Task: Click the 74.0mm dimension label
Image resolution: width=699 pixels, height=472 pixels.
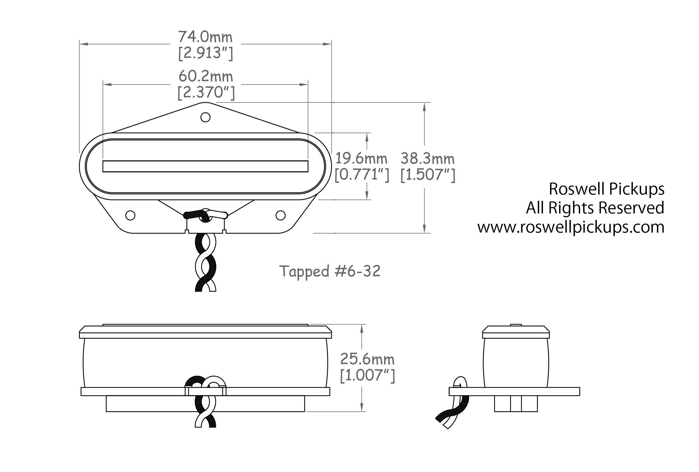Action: tap(205, 37)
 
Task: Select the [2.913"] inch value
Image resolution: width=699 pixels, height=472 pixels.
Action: tap(205, 54)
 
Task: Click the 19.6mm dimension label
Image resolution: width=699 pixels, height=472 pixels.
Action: tap(361, 159)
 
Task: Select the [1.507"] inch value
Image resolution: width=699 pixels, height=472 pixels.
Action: tap(428, 175)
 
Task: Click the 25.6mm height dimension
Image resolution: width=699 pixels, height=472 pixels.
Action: tap(367, 359)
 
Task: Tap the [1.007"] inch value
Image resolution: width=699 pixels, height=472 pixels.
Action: tap(367, 375)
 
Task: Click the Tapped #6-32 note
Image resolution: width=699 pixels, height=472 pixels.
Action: tap(330, 271)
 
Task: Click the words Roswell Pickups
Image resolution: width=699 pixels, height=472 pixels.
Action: tap(606, 189)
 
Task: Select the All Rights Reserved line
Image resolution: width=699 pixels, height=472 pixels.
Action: tap(595, 208)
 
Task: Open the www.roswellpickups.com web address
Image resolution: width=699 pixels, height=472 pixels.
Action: tap(571, 227)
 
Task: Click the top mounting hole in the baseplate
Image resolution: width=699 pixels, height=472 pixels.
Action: tap(205, 117)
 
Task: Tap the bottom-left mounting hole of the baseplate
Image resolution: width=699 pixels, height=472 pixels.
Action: tap(130, 215)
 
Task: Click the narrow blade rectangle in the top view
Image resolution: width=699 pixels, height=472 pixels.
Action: tap(205, 166)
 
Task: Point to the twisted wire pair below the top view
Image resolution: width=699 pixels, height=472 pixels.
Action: tap(206, 262)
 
